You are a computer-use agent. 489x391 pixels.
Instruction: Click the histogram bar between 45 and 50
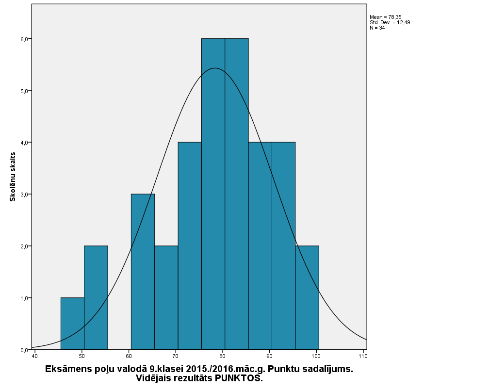point(72,324)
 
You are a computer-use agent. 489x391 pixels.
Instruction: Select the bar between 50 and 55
point(96,297)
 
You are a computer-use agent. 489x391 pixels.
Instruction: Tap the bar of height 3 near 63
point(143,272)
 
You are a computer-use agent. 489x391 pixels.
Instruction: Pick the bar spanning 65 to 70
point(166,297)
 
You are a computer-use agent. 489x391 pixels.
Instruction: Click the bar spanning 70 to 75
point(190,245)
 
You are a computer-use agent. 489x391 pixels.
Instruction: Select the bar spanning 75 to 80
point(213,194)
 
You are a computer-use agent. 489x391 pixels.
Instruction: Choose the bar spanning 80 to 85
point(237,194)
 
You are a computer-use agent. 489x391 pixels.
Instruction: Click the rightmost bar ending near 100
point(307,297)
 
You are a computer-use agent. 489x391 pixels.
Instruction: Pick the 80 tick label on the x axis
point(223,357)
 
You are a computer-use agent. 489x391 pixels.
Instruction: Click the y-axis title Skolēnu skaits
point(14,177)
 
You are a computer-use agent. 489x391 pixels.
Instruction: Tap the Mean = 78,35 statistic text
point(385,17)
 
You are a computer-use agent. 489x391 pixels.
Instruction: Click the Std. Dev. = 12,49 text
point(390,22)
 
